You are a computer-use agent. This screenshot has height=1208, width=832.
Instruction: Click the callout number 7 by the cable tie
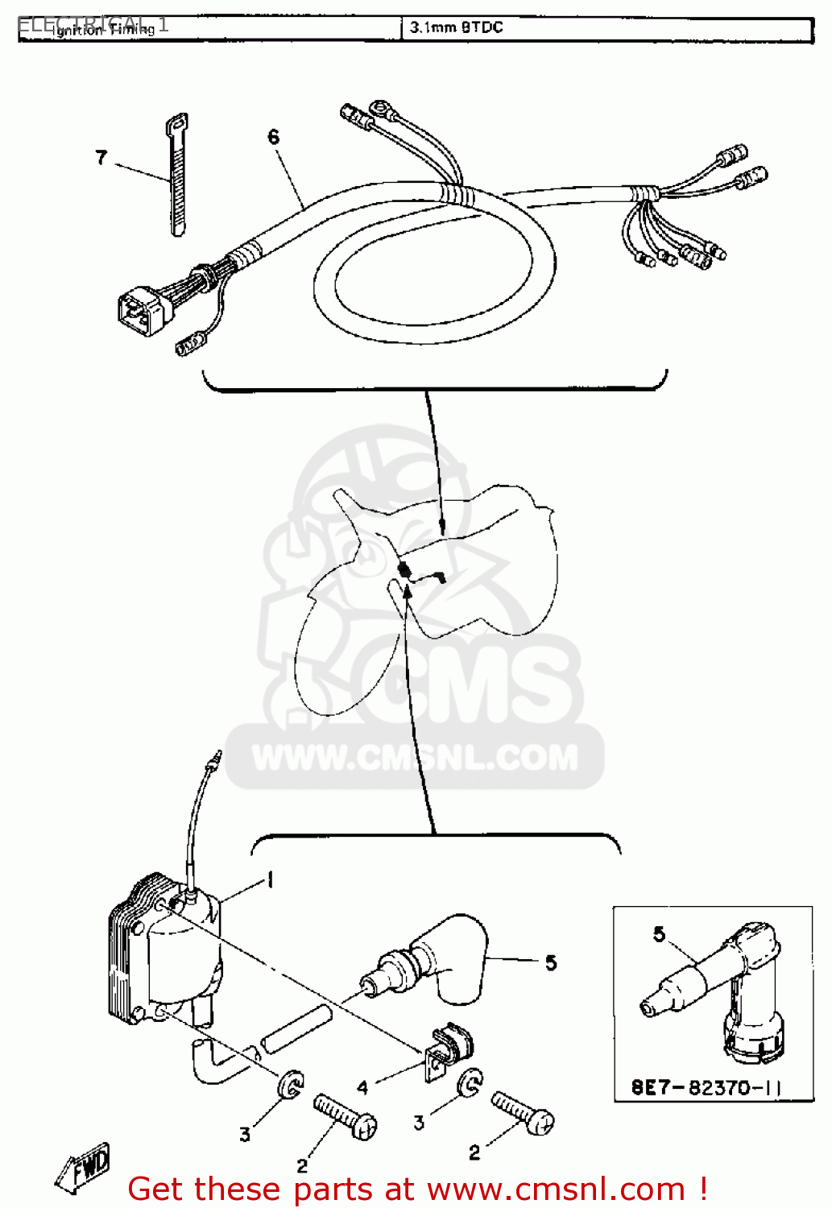click(101, 157)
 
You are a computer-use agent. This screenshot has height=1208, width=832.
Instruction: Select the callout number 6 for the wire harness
click(274, 137)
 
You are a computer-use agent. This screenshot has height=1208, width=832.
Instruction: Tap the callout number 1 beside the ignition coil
click(271, 880)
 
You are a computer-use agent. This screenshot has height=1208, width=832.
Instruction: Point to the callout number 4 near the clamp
click(362, 1088)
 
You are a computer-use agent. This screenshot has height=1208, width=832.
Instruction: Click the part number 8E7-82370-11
click(706, 1088)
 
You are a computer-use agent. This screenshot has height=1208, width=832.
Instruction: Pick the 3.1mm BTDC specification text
click(456, 27)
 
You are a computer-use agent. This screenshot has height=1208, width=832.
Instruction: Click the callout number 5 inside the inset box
click(660, 934)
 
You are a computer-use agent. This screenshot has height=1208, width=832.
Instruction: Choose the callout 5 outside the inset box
click(551, 962)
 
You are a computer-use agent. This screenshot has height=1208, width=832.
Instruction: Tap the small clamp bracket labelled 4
click(448, 1050)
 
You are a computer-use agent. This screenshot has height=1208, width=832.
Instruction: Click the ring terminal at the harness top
click(379, 108)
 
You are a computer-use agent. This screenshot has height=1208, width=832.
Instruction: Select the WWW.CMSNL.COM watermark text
click(415, 758)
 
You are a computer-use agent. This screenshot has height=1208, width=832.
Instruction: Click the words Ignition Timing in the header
click(103, 29)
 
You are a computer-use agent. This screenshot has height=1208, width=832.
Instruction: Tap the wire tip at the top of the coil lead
click(215, 758)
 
